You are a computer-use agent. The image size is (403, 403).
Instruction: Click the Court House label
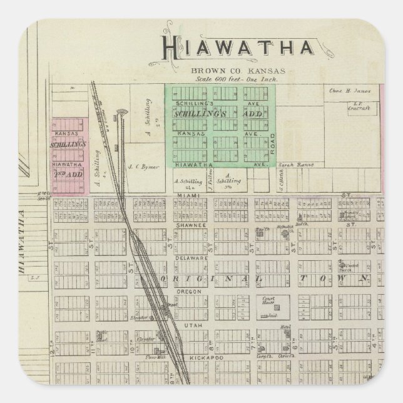pos(268,299)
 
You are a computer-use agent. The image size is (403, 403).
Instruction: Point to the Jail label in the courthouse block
pos(273,317)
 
